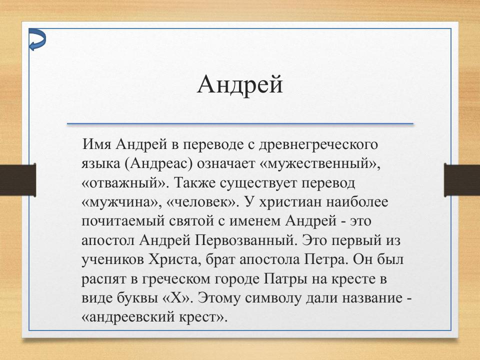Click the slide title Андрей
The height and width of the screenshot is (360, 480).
(240, 84)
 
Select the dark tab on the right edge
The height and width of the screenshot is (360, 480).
(461, 179)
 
